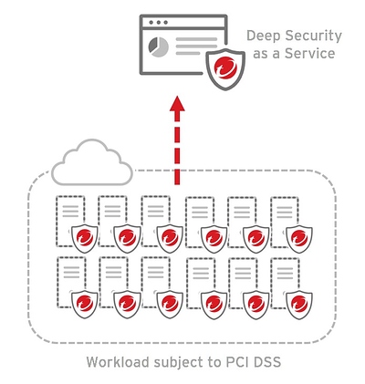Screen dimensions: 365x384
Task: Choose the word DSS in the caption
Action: pyautogui.click(x=267, y=362)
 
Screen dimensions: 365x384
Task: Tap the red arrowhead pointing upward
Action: pyautogui.click(x=177, y=103)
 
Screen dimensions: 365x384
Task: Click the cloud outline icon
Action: pyautogui.click(x=92, y=162)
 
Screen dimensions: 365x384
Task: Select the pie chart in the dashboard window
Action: pyautogui.click(x=158, y=47)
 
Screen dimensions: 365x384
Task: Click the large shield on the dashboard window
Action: pyautogui.click(x=225, y=69)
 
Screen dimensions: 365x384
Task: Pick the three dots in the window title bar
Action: pyautogui.click(x=159, y=23)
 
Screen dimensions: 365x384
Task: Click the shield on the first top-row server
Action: pyautogui.click(x=85, y=238)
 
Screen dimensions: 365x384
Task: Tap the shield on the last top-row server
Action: pyautogui.click(x=299, y=238)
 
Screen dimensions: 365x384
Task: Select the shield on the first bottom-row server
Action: pyautogui.click(x=85, y=304)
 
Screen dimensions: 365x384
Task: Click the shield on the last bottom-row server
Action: pyautogui.click(x=299, y=304)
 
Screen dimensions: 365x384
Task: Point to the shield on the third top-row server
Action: pyautogui.click(x=170, y=238)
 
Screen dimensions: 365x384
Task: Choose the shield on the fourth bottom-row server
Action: pyautogui.click(x=214, y=304)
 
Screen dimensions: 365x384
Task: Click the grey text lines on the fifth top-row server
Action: pyautogui.click(x=242, y=213)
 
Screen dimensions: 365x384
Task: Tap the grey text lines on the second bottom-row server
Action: pyautogui.click(x=113, y=273)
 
